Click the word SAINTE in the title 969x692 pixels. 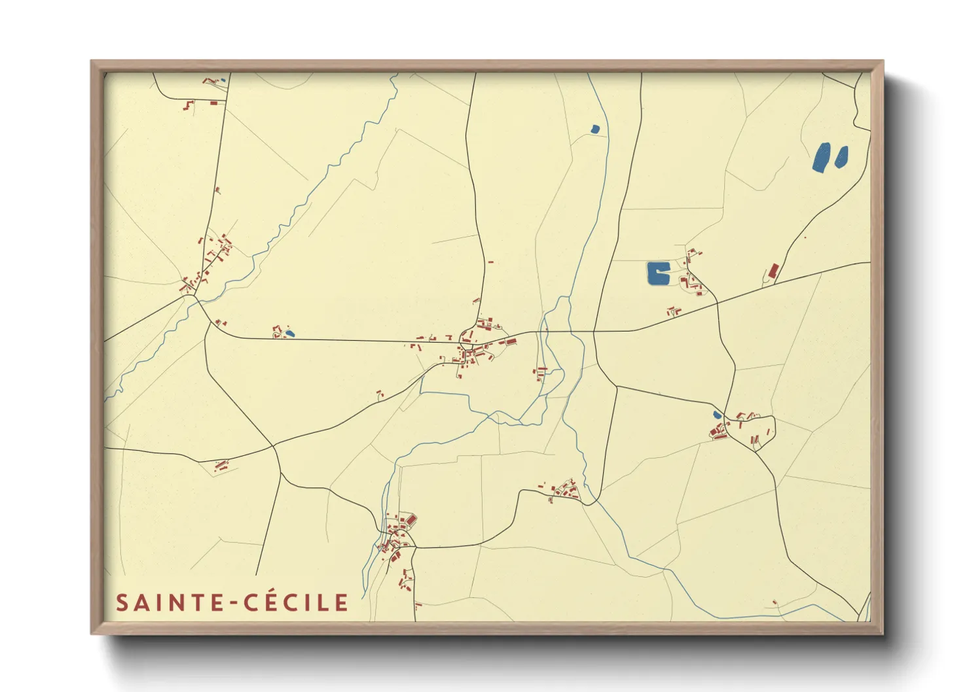coord(170,602)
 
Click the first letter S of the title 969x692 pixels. coord(122,602)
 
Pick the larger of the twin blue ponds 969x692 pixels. coord(821,157)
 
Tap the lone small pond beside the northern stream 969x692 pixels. coord(594,130)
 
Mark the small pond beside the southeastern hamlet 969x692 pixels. coord(717,415)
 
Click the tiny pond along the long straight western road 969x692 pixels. coord(289,334)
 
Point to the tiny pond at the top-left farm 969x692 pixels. coord(223,80)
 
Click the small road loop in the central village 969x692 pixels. coord(468,337)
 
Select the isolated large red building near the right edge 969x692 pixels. coord(773,271)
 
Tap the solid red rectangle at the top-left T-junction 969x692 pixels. coord(213,103)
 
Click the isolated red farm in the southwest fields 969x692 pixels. coord(221,466)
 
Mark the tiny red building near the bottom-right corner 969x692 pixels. coord(775,602)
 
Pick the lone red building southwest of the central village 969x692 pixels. coord(379,394)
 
